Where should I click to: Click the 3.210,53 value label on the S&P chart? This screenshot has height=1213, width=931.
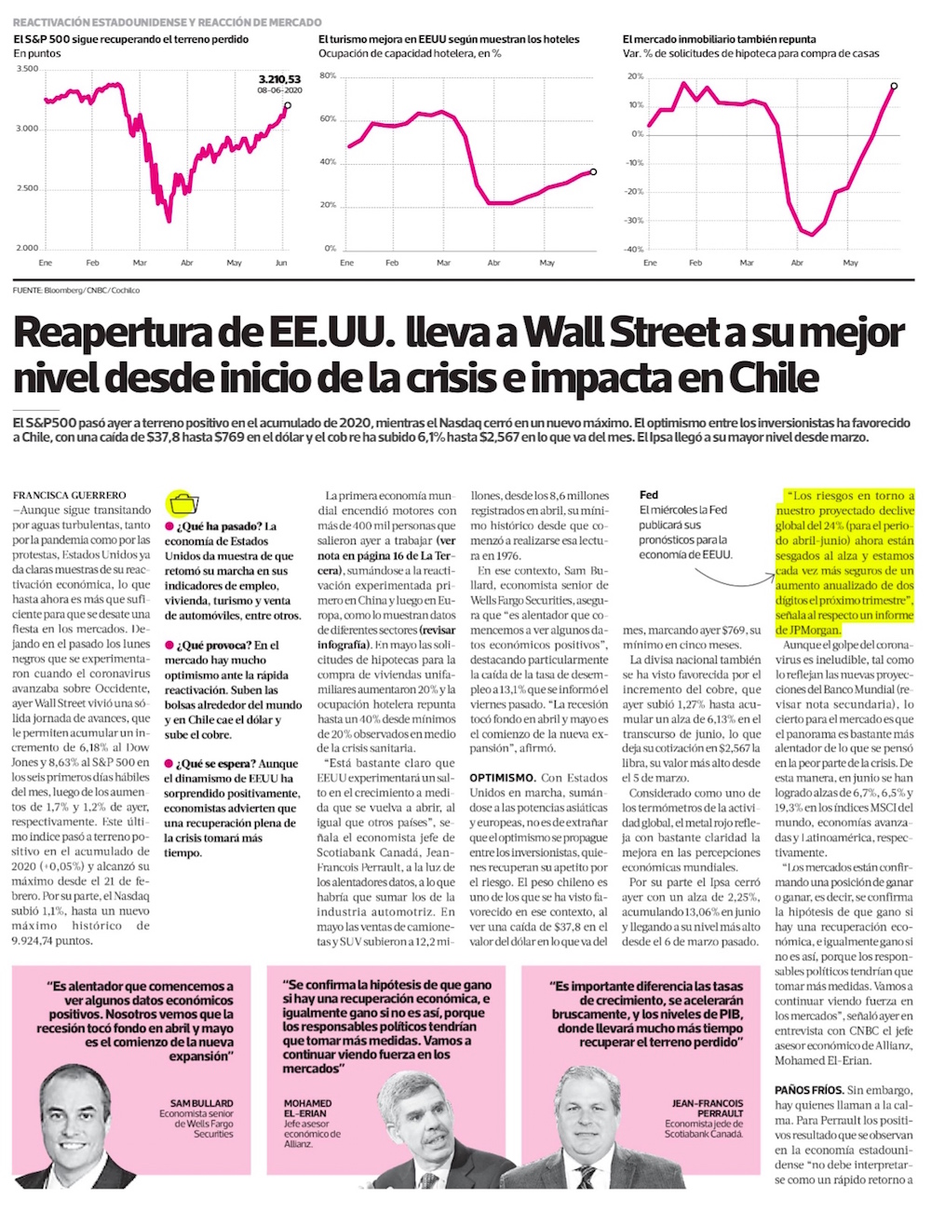click(x=279, y=80)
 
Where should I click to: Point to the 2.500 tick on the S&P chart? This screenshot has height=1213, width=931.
click(x=27, y=189)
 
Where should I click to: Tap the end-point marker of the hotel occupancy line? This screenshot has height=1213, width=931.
click(x=593, y=171)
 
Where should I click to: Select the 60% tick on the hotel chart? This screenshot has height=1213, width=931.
click(x=327, y=119)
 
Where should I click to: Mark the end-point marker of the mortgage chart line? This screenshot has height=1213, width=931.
click(x=894, y=86)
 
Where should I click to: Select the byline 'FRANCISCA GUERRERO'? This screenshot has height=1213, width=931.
click(x=70, y=496)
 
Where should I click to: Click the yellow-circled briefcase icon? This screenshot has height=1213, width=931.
click(x=182, y=503)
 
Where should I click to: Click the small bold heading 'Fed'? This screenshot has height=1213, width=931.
click(x=648, y=496)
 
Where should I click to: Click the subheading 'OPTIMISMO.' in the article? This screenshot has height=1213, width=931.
click(x=502, y=778)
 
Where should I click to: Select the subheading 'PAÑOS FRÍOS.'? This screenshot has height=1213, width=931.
click(x=808, y=1089)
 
